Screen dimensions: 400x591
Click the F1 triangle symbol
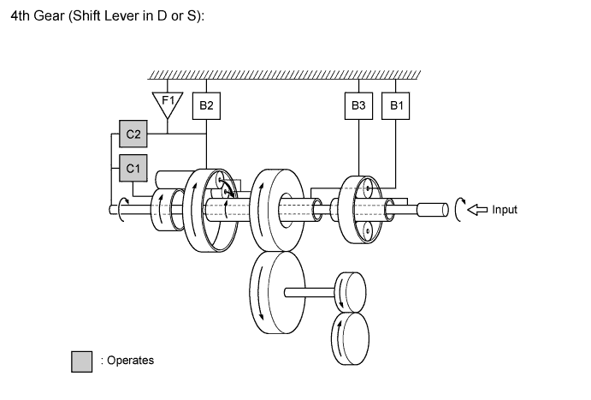(x=168, y=102)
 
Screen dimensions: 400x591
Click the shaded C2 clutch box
(x=133, y=134)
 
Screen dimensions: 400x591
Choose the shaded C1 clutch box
(x=133, y=169)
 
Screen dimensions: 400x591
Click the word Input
(x=505, y=209)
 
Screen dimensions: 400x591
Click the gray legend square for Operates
(x=81, y=361)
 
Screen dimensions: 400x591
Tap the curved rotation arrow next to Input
(x=459, y=209)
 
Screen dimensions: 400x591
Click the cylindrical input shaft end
(x=433, y=209)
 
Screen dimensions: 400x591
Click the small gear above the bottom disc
(x=351, y=293)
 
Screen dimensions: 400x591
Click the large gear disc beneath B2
(x=209, y=210)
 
